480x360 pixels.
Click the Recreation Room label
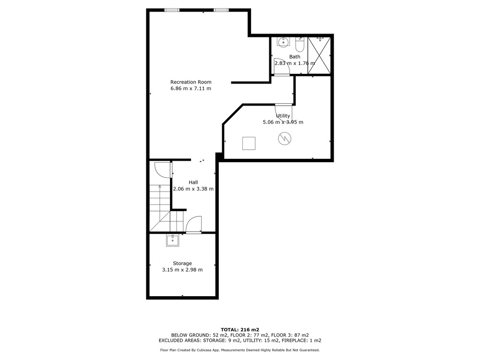191,82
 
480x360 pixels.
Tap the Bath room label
295,57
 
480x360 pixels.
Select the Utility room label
283,116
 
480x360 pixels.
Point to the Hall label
193,182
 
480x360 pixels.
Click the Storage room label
182,263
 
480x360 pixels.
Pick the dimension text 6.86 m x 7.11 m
191,88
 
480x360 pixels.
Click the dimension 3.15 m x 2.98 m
182,270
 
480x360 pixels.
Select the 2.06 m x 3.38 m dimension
193,189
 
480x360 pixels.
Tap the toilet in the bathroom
300,45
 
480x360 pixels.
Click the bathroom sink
284,42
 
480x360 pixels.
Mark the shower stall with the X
319,55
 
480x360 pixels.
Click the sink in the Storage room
173,240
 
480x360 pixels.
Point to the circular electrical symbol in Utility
285,139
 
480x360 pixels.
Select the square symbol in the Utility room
249,143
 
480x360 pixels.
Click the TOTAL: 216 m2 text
240,330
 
